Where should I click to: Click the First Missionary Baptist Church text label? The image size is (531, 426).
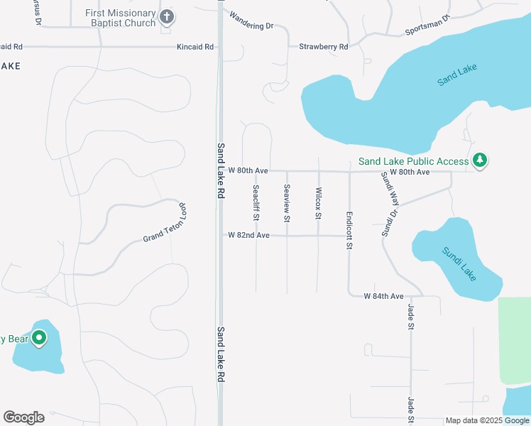point(120,18)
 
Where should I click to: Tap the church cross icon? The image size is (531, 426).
point(167,16)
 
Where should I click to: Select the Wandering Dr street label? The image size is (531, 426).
point(251,26)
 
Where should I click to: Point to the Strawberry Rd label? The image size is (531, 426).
point(323,47)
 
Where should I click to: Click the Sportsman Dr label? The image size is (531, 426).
point(427,26)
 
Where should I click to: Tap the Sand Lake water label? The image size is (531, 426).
point(457,75)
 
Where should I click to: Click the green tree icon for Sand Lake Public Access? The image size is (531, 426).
point(481,160)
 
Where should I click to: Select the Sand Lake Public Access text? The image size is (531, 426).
point(413,161)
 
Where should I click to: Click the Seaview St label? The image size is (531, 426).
point(287,203)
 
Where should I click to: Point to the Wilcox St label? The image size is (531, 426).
point(319,203)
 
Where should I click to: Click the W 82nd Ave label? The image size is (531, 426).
point(248,235)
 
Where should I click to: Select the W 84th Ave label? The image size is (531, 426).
point(383,295)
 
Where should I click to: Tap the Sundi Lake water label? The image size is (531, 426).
point(459,263)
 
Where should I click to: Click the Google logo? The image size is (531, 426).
point(23,417)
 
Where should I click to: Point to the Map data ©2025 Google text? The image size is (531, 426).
point(487,420)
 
